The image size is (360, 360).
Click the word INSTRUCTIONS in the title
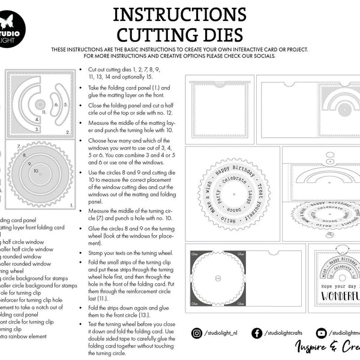coord(179,13)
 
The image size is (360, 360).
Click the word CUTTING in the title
coord(151,34)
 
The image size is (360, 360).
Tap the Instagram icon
coord(197,333)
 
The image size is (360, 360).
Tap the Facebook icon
coord(257,333)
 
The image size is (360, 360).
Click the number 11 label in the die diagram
coord(44,112)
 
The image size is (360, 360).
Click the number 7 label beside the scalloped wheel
coord(19,146)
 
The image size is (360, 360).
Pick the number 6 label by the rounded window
coord(56,104)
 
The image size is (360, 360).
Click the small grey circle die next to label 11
coord(38,110)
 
